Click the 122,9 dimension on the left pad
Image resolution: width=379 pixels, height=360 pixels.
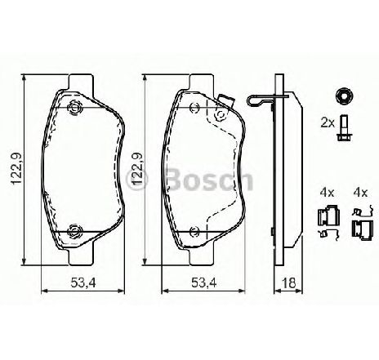click(x=16, y=169)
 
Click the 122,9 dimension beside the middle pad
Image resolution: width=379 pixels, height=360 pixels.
click(x=137, y=169)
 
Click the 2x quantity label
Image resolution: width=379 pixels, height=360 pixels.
click(x=327, y=123)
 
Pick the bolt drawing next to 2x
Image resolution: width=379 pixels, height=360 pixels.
click(x=344, y=128)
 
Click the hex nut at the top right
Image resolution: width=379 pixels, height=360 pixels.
click(x=345, y=96)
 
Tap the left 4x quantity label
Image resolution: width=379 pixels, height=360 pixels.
click(x=327, y=193)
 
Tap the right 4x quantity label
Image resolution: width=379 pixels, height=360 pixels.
click(x=360, y=193)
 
